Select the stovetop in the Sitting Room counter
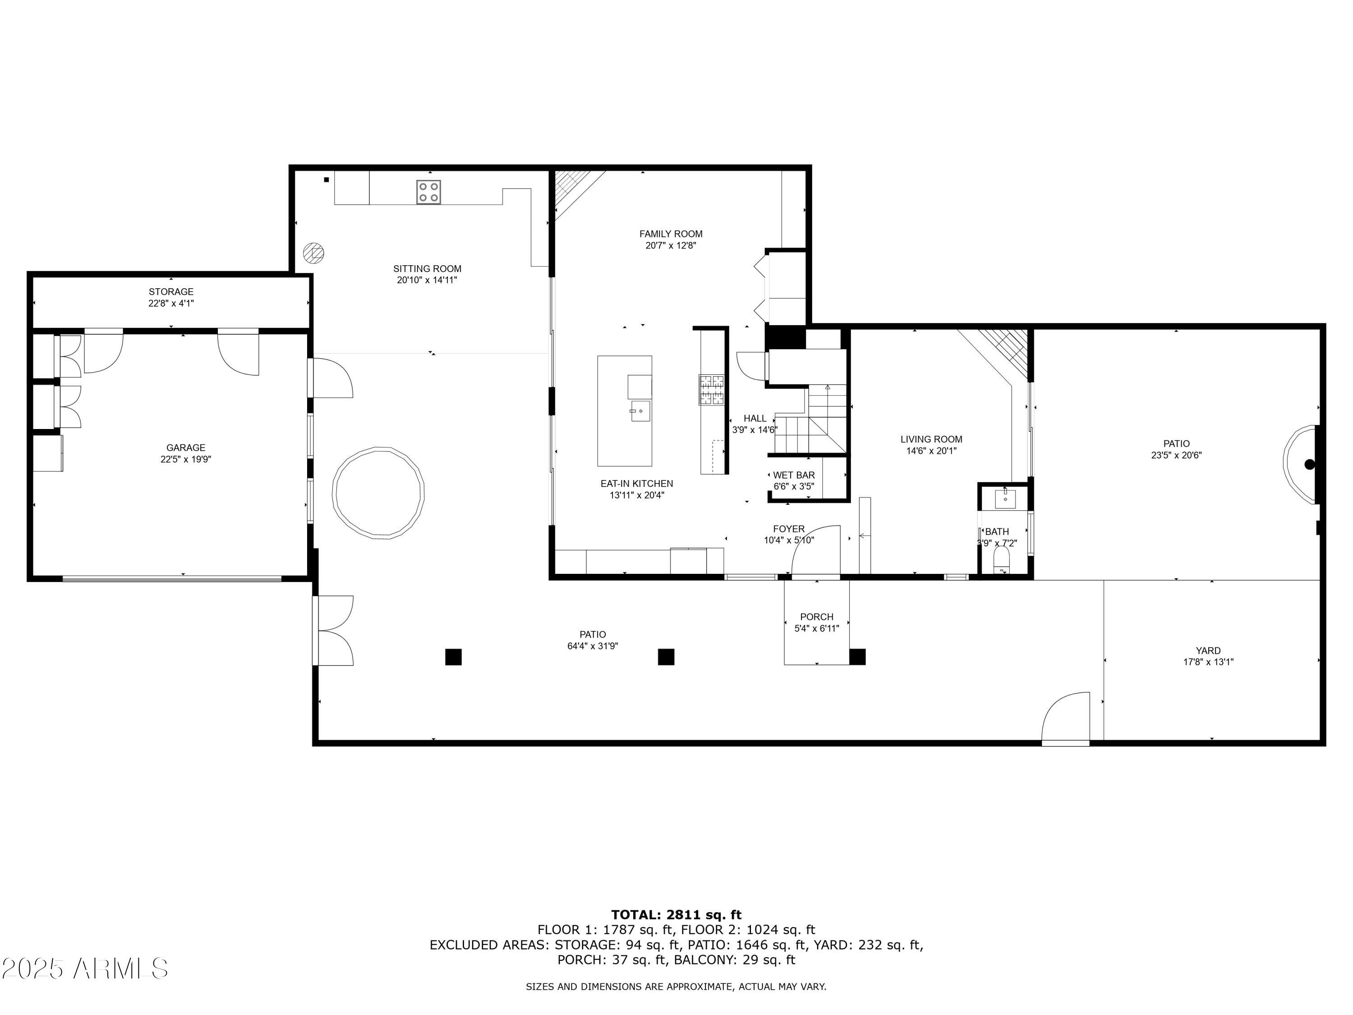tap(429, 192)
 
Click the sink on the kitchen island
tap(640, 411)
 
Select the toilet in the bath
tap(1001, 560)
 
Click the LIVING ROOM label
tap(931, 439)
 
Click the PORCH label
tap(817, 617)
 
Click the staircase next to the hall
tap(810, 422)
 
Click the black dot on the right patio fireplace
tap(1309, 464)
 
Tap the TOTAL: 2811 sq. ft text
tap(676, 915)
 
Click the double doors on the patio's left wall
tap(333, 630)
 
